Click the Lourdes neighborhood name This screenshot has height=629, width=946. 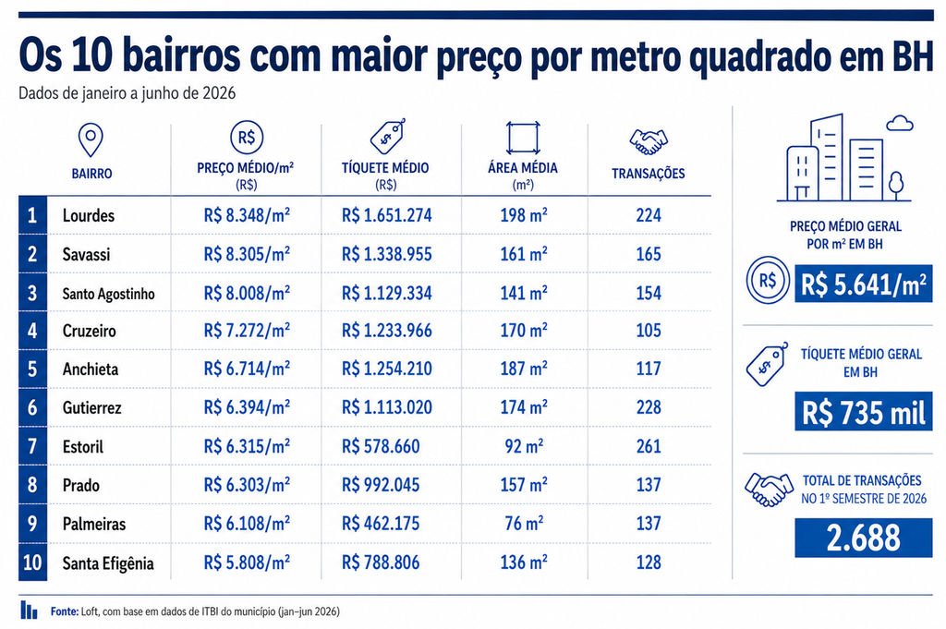88,215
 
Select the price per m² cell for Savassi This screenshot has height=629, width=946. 247,254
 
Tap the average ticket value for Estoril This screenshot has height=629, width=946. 380,446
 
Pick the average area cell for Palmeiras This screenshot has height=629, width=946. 524,523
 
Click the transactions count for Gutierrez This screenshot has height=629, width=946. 649,407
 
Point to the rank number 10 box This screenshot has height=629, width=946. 32,562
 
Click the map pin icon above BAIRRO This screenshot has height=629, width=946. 91,140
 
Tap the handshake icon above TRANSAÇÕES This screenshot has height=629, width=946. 648,141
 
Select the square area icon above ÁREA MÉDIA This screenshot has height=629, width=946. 523,139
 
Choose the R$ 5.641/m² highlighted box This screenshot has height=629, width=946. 864,284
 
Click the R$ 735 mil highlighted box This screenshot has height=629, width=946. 864,412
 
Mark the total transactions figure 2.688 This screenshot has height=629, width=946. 864,538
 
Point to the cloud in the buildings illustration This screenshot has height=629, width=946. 900,124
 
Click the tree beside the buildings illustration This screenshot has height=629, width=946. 896,185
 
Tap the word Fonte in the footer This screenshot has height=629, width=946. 65,611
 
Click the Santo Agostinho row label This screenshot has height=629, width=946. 109,294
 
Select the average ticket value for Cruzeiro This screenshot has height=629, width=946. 387,331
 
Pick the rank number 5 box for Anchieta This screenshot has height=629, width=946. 32,369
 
